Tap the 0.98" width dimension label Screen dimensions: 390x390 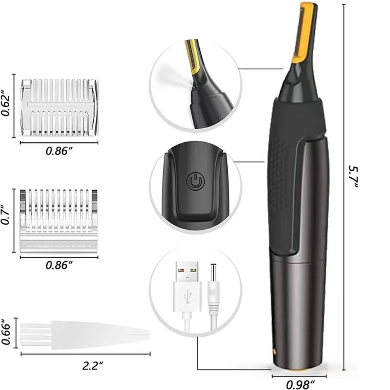click(x=301, y=384)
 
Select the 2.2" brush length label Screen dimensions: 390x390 click(x=93, y=365)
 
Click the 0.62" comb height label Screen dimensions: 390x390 click(x=5, y=105)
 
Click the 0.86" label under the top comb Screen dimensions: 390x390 click(x=59, y=151)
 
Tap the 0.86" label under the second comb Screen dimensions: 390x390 click(x=59, y=265)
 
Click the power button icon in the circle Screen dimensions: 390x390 click(x=195, y=182)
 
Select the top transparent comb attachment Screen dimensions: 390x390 click(x=59, y=107)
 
